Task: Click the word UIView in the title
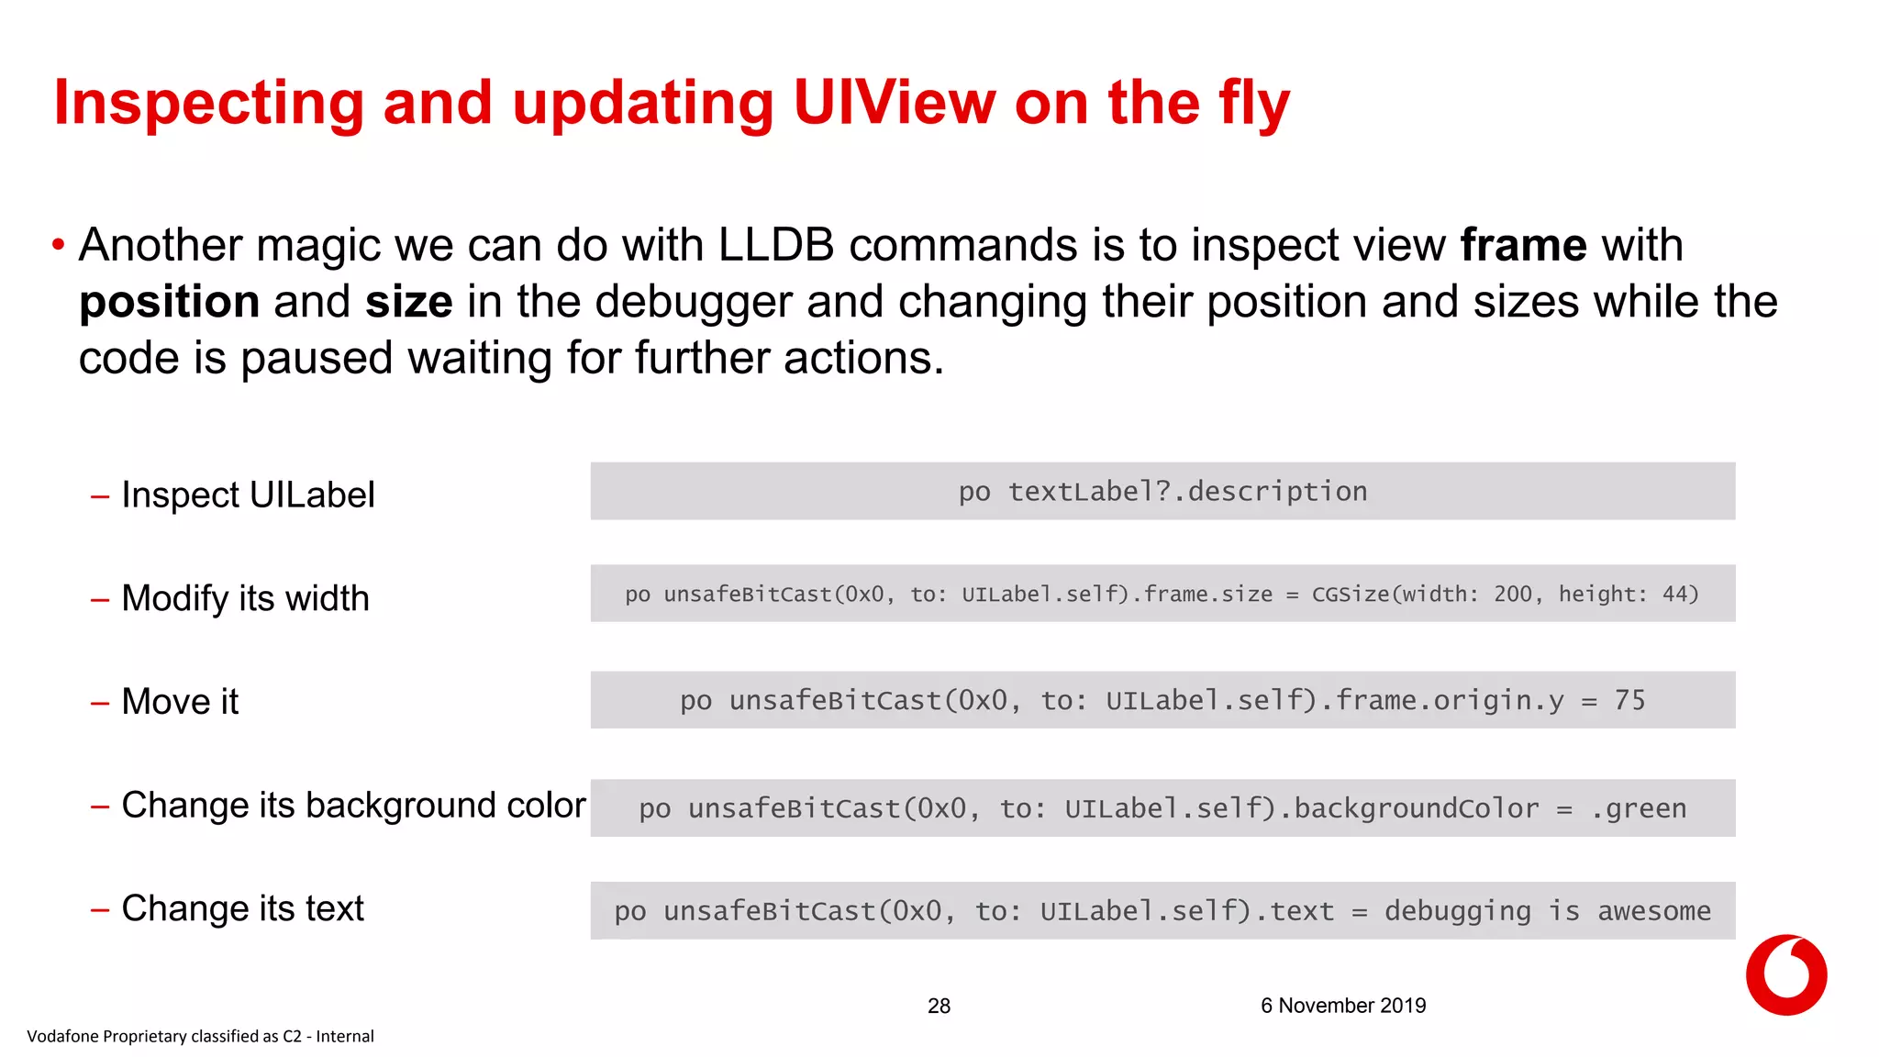(x=894, y=103)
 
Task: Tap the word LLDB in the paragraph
(x=775, y=246)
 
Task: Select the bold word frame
(x=1523, y=246)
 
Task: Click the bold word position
(x=169, y=303)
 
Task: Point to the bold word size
(x=408, y=303)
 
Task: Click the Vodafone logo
(x=1785, y=974)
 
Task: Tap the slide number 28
(x=939, y=1006)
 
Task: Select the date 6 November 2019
(x=1342, y=1006)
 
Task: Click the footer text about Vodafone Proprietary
(x=200, y=1036)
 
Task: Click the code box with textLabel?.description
(x=1162, y=492)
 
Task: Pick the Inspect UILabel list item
(x=248, y=495)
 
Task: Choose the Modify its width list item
(x=245, y=598)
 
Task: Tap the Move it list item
(x=180, y=702)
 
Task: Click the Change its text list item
(x=242, y=908)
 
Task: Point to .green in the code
(x=1638, y=808)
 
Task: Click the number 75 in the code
(x=1629, y=700)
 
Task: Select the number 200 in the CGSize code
(x=1512, y=595)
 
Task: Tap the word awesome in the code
(x=1653, y=911)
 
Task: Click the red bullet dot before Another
(x=58, y=245)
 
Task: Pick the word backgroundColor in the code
(x=1416, y=808)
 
